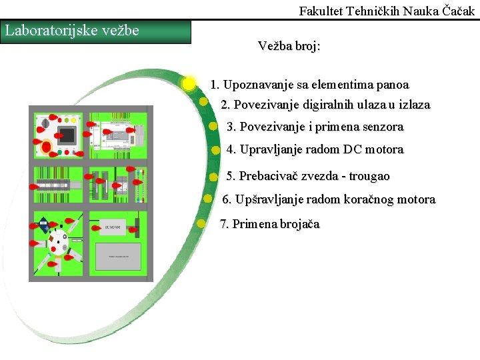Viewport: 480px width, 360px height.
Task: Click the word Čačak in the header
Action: point(457,11)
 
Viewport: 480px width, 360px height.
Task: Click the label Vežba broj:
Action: point(289,46)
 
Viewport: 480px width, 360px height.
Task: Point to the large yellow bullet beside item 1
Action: point(189,83)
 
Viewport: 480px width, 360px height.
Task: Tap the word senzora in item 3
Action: point(379,127)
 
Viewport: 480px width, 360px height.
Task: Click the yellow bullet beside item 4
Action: point(215,150)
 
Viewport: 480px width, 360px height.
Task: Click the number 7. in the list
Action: point(225,224)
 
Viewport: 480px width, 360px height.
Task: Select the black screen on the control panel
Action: point(67,135)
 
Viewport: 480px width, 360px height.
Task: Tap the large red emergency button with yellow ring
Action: point(47,146)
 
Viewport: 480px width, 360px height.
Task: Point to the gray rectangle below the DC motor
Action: point(119,255)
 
